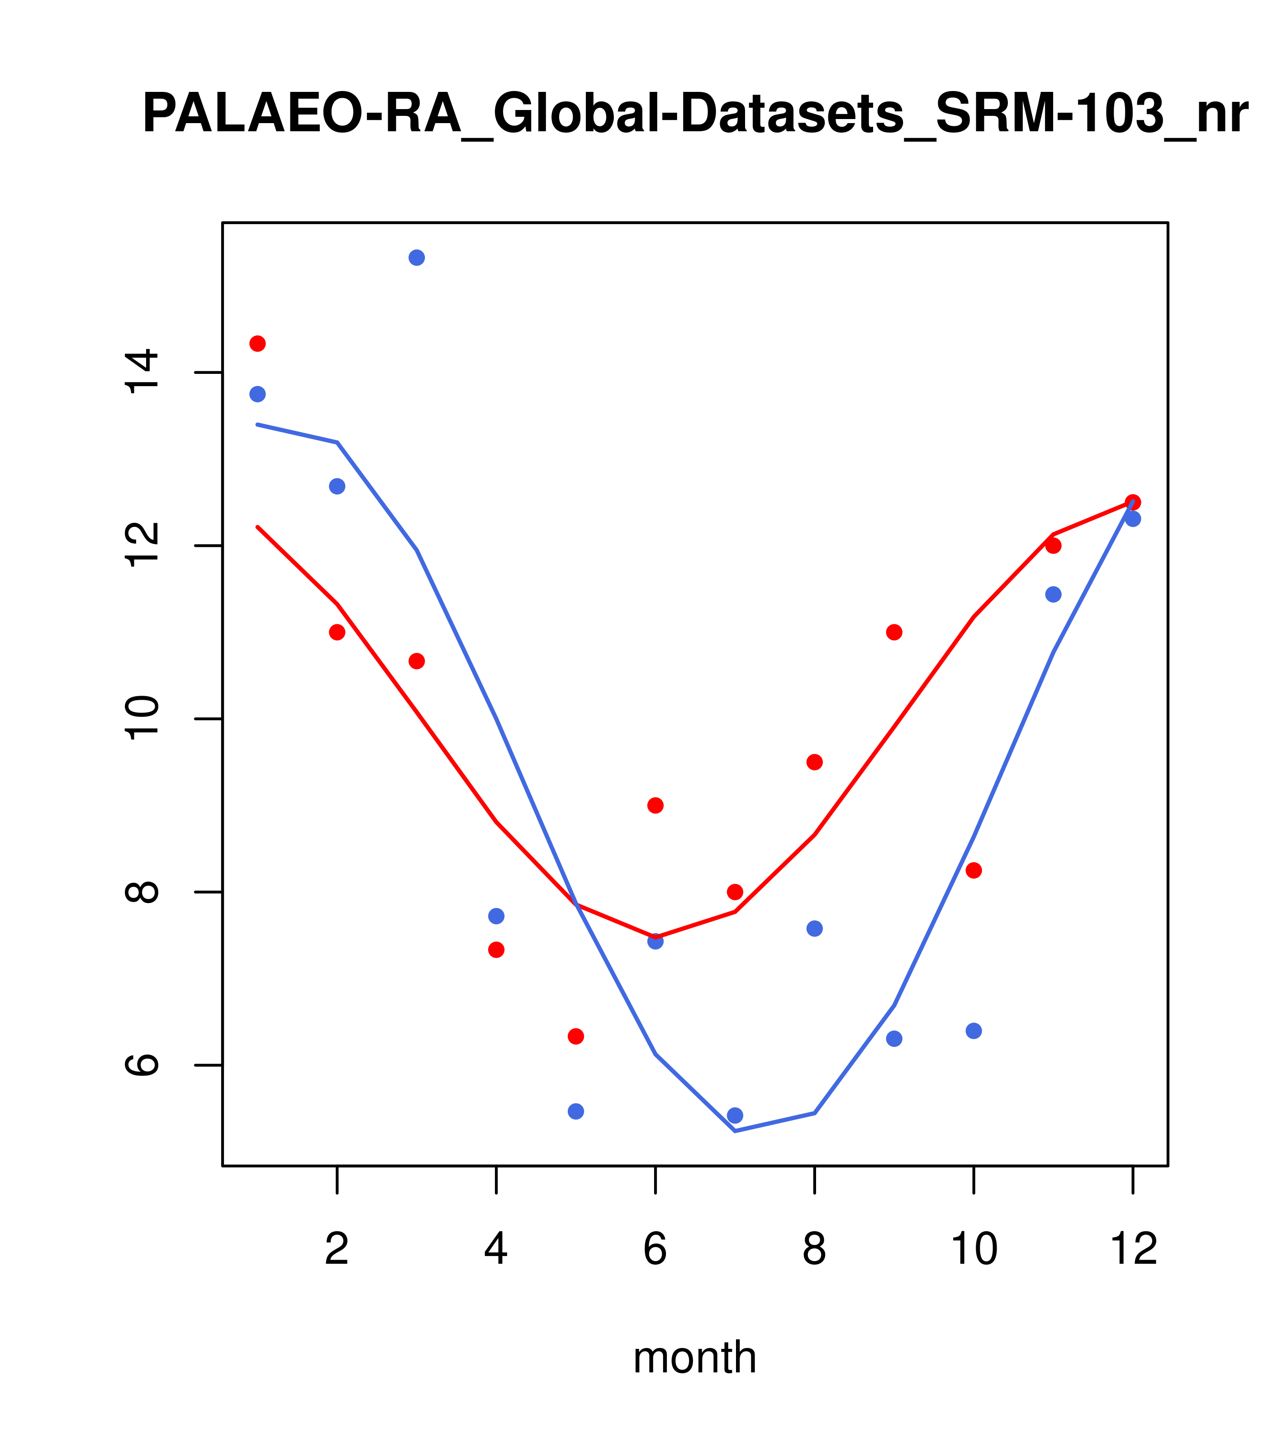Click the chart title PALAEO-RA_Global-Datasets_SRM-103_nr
point(695,115)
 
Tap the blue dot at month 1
point(257,394)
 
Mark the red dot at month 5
point(576,1037)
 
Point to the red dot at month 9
point(894,632)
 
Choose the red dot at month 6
point(655,806)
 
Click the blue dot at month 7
point(735,1115)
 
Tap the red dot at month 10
point(973,870)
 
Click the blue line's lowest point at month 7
point(735,1131)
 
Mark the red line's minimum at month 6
point(655,937)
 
